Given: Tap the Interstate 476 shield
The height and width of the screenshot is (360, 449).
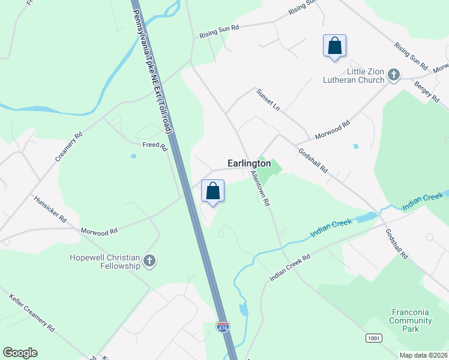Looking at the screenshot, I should (x=223, y=327).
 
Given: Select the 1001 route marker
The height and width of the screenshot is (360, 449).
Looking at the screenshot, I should (x=373, y=338).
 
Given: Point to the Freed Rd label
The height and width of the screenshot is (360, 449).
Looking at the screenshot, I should (x=154, y=145).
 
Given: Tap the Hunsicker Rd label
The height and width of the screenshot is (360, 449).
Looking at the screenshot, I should (x=50, y=209).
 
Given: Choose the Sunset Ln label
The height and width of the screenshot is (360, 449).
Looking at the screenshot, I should (x=268, y=99).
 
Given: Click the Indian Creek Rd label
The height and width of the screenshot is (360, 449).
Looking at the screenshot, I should (x=290, y=268).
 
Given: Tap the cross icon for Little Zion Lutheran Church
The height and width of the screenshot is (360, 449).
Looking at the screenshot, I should (x=394, y=75).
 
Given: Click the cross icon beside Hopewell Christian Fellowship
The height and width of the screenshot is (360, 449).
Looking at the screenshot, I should (x=149, y=261).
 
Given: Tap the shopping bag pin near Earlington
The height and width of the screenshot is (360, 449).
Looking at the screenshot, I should (x=212, y=191).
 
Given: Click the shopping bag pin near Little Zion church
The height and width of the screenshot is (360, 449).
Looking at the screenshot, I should (x=334, y=46).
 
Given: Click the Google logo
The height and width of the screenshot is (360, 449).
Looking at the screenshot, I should (x=20, y=353).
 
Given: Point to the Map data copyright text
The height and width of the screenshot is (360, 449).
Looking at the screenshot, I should (x=423, y=355).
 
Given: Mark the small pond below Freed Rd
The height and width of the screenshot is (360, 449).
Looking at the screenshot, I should (x=133, y=157).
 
